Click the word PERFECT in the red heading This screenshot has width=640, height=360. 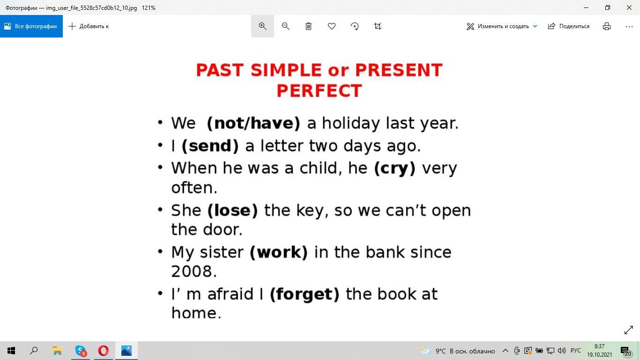319,90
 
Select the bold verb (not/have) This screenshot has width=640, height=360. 253,123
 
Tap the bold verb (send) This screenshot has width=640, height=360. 210,146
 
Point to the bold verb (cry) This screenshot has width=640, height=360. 394,168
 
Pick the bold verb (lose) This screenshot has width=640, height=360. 232,210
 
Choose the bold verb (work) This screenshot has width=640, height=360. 279,252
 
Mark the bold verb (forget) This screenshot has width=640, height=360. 305,294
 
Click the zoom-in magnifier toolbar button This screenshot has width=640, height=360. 262,26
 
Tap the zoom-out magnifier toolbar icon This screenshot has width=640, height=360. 285,26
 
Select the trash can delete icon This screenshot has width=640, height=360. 309,26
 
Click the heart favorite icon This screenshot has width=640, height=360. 331,26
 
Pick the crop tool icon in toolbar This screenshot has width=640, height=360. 378,26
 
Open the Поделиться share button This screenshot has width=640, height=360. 569,26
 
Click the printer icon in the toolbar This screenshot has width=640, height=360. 607,26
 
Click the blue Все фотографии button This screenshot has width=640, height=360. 31,26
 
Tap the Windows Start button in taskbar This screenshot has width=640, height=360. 11,351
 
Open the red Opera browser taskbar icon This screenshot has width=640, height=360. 103,351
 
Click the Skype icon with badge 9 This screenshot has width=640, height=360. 81,351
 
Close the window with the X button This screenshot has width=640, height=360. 629,7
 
